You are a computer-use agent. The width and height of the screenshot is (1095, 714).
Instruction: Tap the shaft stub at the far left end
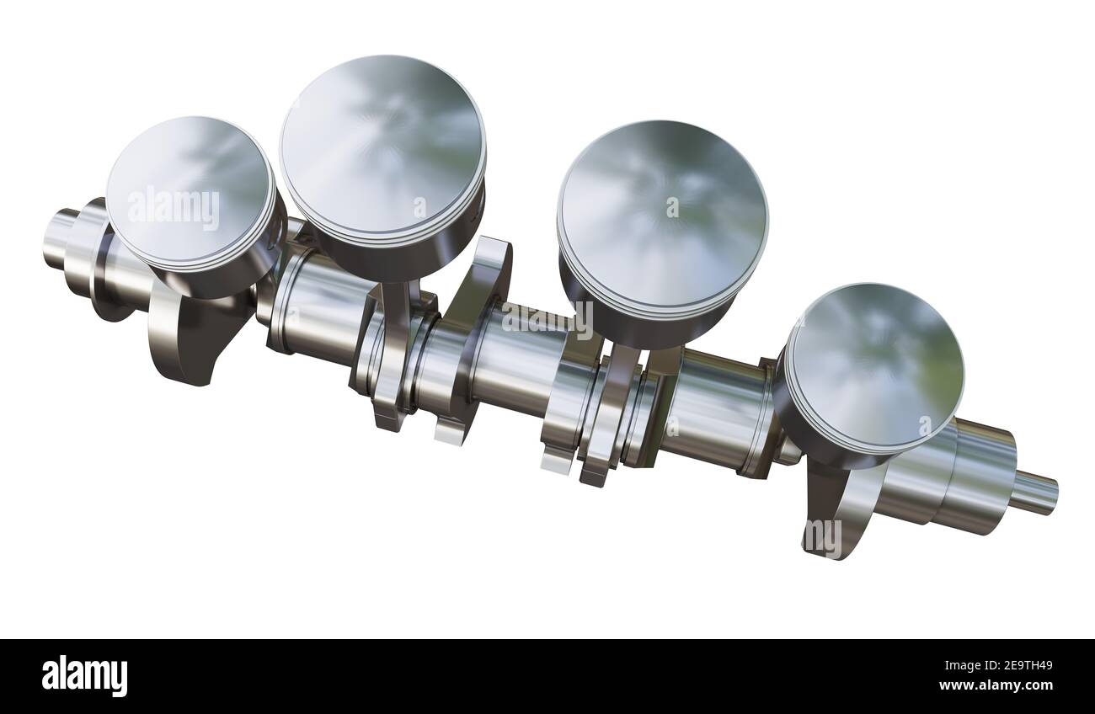pyautogui.click(x=59, y=237)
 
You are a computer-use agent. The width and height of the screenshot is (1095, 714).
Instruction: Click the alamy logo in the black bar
pyautogui.click(x=84, y=675)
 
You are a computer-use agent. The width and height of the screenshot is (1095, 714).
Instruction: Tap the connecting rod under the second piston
pyautogui.click(x=396, y=337)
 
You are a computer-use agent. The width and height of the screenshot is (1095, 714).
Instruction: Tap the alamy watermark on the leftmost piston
pyautogui.click(x=173, y=208)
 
